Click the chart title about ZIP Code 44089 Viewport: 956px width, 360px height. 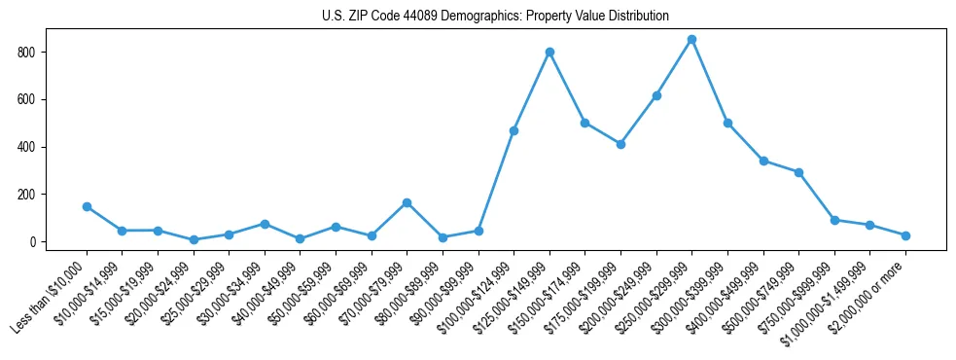tap(495, 16)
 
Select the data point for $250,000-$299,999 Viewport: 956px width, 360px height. tap(691, 40)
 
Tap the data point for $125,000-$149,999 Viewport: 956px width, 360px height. tap(549, 52)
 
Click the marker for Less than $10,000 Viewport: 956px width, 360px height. tap(87, 206)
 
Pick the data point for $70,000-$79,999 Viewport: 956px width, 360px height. tap(407, 202)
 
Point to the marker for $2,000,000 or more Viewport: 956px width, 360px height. tap(905, 235)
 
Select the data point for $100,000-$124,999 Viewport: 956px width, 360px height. tap(513, 130)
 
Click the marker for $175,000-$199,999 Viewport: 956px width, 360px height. tap(620, 144)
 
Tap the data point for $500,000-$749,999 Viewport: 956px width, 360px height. tap(798, 172)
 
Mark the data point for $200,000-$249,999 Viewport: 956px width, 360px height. tap(656, 95)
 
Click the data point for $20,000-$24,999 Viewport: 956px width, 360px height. tap(194, 239)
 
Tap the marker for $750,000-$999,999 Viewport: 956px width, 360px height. tap(834, 220)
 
